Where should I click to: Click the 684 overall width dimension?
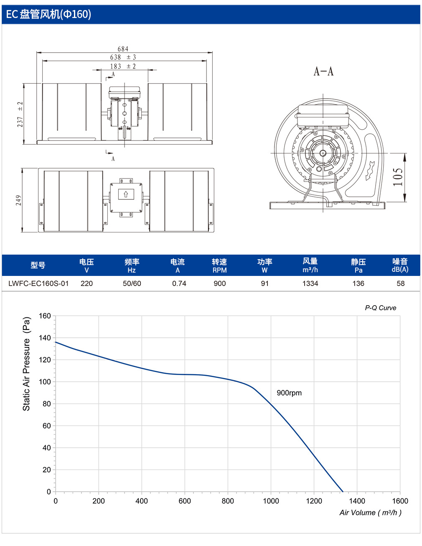[123, 49]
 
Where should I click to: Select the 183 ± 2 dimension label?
[123, 66]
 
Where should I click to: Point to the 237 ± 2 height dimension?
[20, 114]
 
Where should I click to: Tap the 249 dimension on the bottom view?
[18, 200]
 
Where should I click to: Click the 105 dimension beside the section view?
[398, 177]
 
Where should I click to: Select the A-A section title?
[323, 71]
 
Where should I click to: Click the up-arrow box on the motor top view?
[126, 194]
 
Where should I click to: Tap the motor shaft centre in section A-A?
[323, 153]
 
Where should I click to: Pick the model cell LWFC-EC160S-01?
[38, 283]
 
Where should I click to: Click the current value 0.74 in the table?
[179, 283]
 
